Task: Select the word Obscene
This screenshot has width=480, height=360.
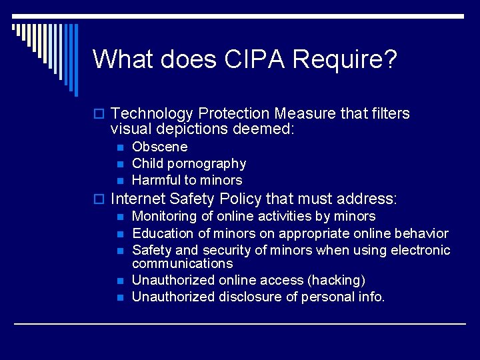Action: [x=160, y=147]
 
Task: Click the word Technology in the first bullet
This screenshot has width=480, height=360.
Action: [x=152, y=114]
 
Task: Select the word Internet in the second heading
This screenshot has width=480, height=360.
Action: [x=138, y=199]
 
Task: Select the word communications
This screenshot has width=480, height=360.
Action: [x=183, y=263]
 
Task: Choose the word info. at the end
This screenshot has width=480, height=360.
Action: [x=371, y=297]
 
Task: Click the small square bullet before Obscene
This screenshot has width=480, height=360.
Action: [x=119, y=147]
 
